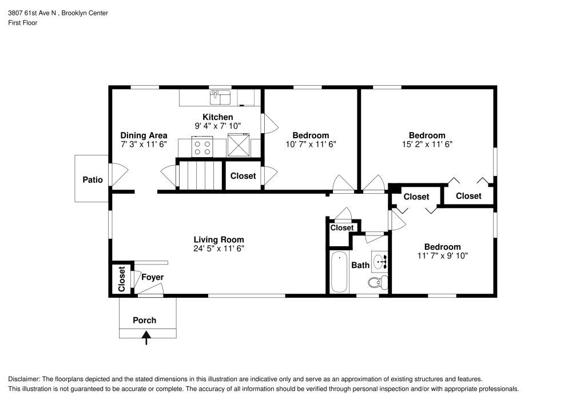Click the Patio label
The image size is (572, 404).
click(x=93, y=179)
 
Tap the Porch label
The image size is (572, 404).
click(x=144, y=320)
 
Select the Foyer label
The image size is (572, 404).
click(x=153, y=278)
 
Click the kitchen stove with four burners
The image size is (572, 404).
click(x=202, y=148)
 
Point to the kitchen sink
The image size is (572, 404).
click(x=220, y=98)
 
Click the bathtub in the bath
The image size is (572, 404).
click(x=340, y=272)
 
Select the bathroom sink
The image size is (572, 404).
click(x=380, y=262)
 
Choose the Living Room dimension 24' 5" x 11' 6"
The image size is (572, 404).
click(x=219, y=249)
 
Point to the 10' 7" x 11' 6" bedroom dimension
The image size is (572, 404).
click(x=311, y=145)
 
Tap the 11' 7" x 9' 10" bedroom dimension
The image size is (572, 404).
click(x=442, y=256)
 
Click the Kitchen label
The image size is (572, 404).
click(x=217, y=117)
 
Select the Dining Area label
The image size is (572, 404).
click(x=144, y=135)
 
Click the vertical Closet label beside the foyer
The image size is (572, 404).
click(x=121, y=279)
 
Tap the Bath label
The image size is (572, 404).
click(x=360, y=265)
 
